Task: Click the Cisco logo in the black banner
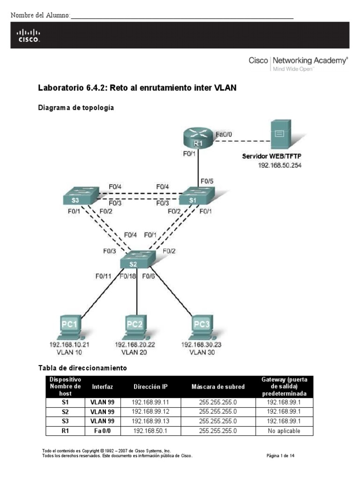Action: click(x=29, y=35)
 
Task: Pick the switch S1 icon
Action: click(x=196, y=196)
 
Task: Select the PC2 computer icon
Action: click(x=136, y=327)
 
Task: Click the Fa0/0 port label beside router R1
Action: click(x=224, y=134)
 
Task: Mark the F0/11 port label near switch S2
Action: click(x=103, y=276)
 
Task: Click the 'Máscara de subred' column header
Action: click(x=218, y=387)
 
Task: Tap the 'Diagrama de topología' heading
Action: click(x=75, y=107)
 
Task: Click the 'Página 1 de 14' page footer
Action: click(x=280, y=455)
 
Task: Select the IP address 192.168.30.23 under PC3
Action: click(x=201, y=345)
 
